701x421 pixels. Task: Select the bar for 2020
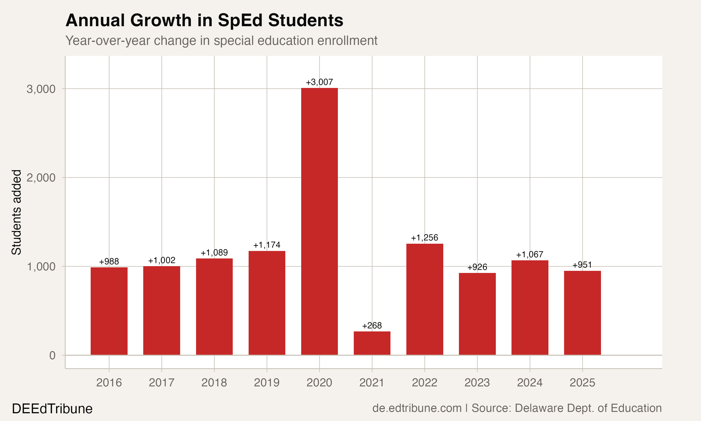coord(319,221)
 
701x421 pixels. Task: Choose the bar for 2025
coord(582,313)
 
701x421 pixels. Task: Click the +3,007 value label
coord(319,82)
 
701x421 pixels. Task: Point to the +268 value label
coord(372,325)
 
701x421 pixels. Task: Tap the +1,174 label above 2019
coord(267,245)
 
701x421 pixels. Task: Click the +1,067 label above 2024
coord(529,254)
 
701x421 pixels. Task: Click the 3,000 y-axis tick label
coord(41,89)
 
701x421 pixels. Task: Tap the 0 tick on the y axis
coord(52,355)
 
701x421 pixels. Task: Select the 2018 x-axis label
coord(214,383)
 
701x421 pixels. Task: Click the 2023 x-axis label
coord(477,383)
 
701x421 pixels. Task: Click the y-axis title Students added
coord(16,212)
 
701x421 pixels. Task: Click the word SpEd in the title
coord(240,20)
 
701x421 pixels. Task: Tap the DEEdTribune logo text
coord(52,409)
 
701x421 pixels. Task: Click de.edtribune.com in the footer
coord(417,408)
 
